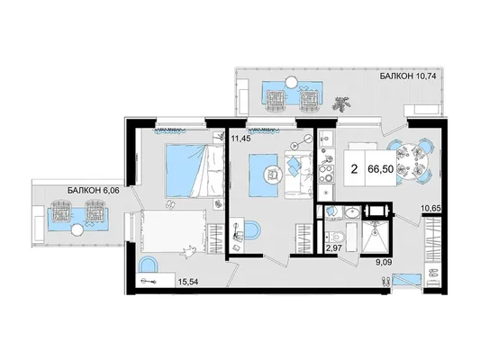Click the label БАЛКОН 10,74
(407, 76)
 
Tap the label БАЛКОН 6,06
(93, 191)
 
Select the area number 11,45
(241, 139)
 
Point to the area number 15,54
(188, 282)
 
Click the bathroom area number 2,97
(332, 247)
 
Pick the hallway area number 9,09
(384, 262)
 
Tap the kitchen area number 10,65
(431, 208)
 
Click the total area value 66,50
(381, 168)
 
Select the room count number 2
(355, 168)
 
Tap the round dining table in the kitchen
(412, 162)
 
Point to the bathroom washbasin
(353, 213)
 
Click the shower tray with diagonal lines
(376, 236)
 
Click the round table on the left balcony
(77, 229)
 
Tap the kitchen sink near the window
(325, 139)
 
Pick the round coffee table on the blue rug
(273, 175)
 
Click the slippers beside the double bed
(170, 204)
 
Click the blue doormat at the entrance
(407, 280)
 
